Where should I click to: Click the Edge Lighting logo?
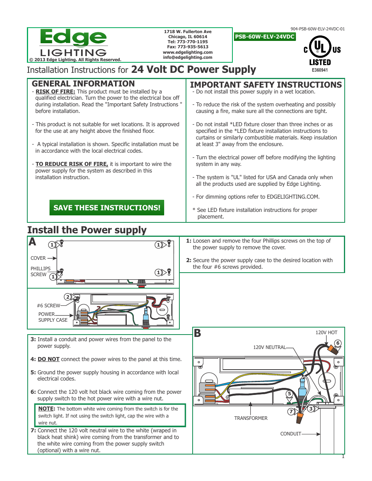point(73,43)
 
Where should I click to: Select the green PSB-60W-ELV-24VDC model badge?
point(265,37)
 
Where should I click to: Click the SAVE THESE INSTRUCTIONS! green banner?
point(107,208)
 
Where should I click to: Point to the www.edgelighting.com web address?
point(188,52)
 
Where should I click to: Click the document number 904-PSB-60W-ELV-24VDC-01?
point(317,29)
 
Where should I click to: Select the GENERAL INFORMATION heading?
point(83,84)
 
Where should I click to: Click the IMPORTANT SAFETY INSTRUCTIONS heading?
point(266,85)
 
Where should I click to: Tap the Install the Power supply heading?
point(87,230)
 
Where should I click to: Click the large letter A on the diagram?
point(32,242)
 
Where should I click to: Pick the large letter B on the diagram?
point(197,333)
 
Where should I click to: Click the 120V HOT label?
point(326,333)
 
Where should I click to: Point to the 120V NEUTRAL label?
point(269,347)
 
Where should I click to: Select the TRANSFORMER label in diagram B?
point(251,418)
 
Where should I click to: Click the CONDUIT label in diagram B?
point(291,434)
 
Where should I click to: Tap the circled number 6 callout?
point(338,343)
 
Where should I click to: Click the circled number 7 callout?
point(291,411)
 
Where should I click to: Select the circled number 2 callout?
point(68,297)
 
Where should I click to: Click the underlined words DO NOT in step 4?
point(48,359)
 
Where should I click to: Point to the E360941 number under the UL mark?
point(320,70)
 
